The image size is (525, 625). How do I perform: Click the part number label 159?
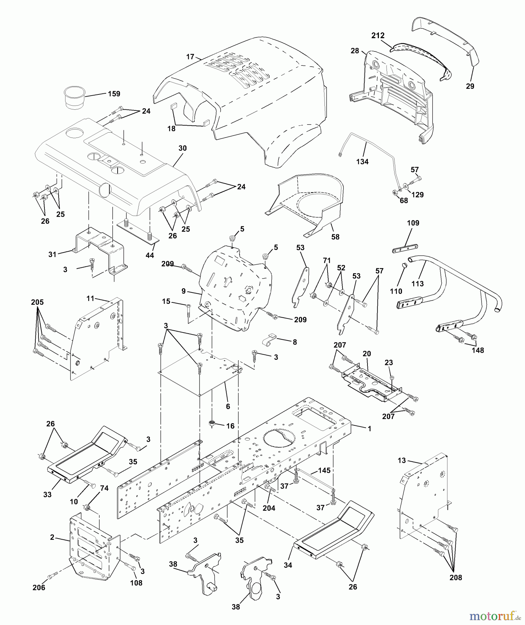(x=114, y=94)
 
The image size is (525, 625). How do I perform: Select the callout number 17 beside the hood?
(x=190, y=57)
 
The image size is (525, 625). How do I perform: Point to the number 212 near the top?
(x=378, y=35)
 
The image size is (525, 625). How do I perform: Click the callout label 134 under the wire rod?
(x=362, y=161)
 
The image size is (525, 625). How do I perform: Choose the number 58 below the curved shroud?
(x=335, y=237)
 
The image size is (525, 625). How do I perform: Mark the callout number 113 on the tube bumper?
(x=417, y=284)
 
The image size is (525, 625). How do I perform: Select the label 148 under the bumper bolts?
(x=478, y=350)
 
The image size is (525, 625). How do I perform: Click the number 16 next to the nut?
(x=230, y=426)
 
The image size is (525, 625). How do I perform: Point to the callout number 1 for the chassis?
(x=370, y=429)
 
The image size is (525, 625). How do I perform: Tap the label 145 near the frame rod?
(x=324, y=470)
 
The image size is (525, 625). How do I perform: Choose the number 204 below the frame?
(x=269, y=508)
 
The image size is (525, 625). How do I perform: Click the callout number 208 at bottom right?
(x=456, y=577)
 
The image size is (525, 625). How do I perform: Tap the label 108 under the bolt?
(x=136, y=583)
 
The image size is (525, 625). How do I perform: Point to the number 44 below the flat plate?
(x=150, y=255)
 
